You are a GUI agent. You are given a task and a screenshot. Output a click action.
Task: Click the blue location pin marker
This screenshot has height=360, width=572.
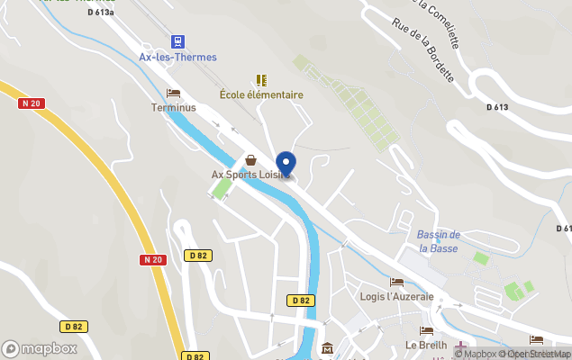[x=286, y=165]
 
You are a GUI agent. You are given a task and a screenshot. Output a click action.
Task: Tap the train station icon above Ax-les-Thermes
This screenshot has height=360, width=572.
[x=177, y=40]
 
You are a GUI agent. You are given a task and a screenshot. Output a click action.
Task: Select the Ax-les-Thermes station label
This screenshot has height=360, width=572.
[x=177, y=57]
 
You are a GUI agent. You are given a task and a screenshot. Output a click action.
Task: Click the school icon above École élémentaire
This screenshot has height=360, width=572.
[x=261, y=79]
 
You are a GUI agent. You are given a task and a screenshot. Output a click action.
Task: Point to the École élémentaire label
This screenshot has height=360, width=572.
[x=261, y=94]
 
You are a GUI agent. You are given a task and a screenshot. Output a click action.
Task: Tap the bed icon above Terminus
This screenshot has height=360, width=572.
[x=173, y=94]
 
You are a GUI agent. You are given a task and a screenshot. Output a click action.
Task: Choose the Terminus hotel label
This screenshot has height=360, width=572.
[x=173, y=108]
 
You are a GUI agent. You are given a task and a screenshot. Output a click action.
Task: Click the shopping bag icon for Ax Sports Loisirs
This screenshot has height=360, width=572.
[x=250, y=159]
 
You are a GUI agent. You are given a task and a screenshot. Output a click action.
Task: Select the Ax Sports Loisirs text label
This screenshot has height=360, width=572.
[x=249, y=175]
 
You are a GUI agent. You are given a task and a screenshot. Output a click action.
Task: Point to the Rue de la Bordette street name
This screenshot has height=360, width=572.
[x=422, y=50]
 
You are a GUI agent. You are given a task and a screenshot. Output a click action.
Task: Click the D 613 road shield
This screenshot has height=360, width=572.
[x=497, y=107]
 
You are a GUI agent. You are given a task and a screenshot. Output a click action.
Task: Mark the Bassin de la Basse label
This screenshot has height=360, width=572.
[x=439, y=241]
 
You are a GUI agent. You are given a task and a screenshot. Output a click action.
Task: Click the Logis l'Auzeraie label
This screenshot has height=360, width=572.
[x=396, y=296]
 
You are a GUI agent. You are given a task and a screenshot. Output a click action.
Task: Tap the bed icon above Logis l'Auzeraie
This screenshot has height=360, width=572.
[x=396, y=283]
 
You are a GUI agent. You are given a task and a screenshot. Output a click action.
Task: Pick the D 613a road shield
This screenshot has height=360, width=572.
[x=102, y=12]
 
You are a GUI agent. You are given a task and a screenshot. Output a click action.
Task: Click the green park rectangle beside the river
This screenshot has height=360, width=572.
[x=220, y=189]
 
